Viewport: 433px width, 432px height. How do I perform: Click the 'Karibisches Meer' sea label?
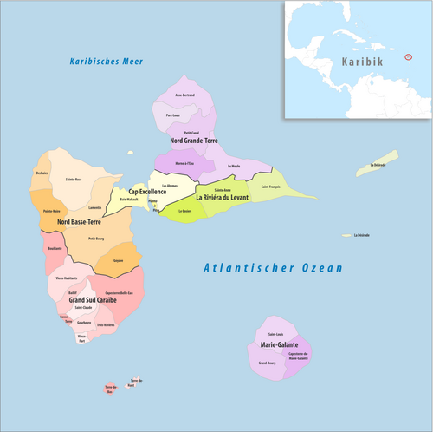tap(107, 61)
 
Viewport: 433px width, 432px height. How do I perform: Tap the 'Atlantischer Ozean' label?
tap(273, 268)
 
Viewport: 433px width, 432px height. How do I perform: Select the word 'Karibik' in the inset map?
tap(363, 63)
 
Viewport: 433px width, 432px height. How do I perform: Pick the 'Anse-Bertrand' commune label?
tap(185, 95)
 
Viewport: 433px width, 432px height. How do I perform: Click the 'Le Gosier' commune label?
tap(184, 211)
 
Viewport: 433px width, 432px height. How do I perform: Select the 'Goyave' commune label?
tap(118, 259)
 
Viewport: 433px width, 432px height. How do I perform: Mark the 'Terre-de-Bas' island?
tap(110, 389)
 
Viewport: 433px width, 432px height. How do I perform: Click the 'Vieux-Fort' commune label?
tap(82, 339)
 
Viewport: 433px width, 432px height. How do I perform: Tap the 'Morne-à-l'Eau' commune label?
tap(184, 163)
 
